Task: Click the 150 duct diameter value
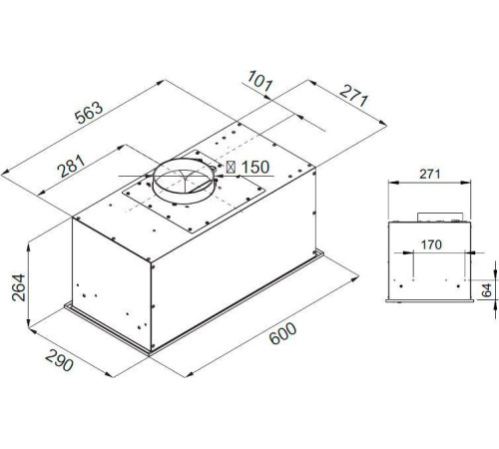pos(255,168)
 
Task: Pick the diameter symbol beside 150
pos(233,168)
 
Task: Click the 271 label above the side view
pos(429,175)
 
